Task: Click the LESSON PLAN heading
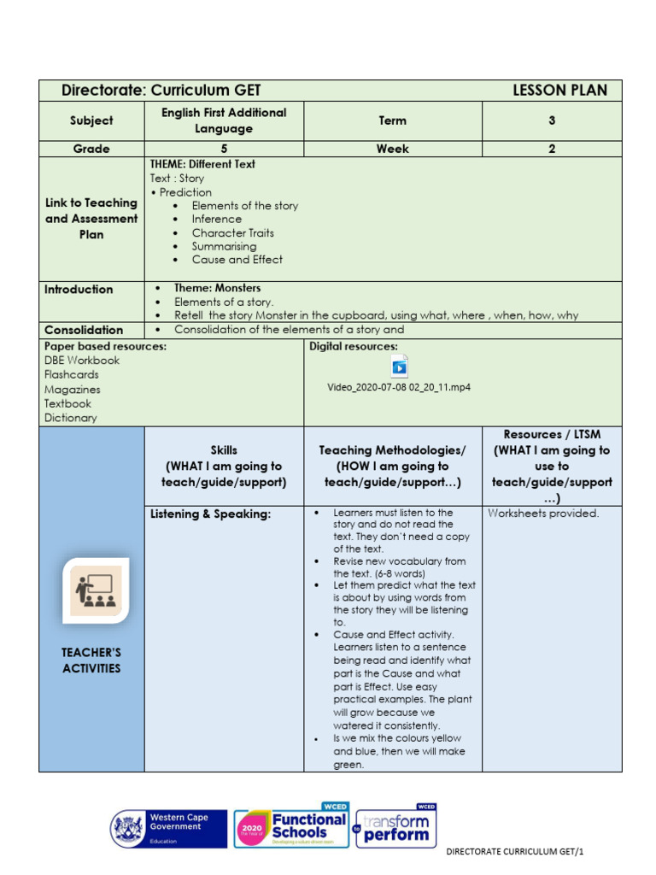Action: click(559, 91)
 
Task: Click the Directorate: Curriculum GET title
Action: click(161, 91)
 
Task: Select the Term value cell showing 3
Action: click(552, 121)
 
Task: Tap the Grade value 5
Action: click(224, 149)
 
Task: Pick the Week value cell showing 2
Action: click(552, 149)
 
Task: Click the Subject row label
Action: click(91, 121)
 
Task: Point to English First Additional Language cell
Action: click(224, 120)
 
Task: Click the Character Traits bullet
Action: click(232, 232)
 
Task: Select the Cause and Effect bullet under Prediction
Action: click(237, 260)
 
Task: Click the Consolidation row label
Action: click(84, 330)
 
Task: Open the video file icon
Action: click(399, 367)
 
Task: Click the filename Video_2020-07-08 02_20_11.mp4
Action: click(399, 387)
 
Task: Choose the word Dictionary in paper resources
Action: click(71, 418)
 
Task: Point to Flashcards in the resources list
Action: click(71, 374)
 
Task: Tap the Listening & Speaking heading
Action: click(198, 514)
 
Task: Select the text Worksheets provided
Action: click(543, 514)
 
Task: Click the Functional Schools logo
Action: click(290, 827)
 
